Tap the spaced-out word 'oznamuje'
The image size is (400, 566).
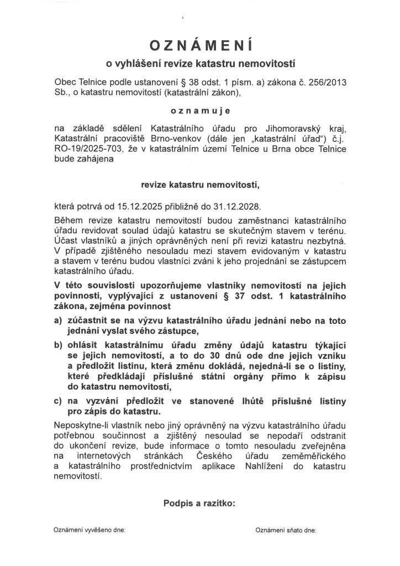point(200,111)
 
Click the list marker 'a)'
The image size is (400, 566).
point(58,321)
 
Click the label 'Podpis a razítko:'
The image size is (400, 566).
point(200,504)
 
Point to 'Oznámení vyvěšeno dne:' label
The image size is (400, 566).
point(90,530)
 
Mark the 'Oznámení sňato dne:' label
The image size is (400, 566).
point(286,530)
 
